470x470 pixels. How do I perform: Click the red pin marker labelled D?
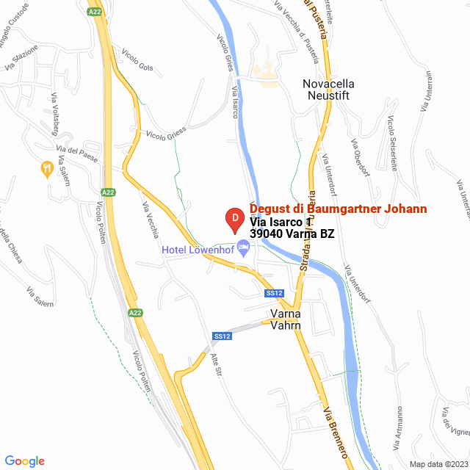click(233, 219)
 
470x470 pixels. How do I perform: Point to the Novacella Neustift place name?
click(318, 90)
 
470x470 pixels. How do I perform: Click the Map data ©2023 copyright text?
click(438, 464)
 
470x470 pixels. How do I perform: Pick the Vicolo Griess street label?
click(166, 132)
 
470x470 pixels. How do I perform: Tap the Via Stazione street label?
click(20, 58)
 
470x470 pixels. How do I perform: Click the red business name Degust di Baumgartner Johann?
click(338, 209)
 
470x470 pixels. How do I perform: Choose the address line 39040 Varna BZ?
click(292, 234)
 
